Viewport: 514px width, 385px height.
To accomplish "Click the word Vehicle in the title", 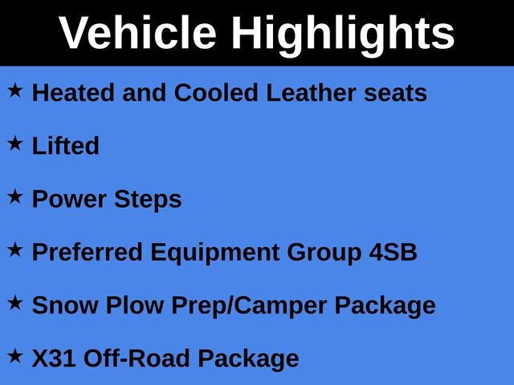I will (137, 34).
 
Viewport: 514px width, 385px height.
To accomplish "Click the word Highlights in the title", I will (343, 34).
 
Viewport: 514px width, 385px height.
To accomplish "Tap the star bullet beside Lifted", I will (15, 144).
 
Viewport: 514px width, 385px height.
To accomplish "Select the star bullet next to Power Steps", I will (15, 197).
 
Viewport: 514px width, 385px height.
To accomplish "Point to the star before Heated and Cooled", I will (15, 91).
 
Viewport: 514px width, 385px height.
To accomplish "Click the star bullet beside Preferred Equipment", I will (15, 250).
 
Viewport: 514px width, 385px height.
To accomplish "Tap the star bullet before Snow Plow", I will (15, 303).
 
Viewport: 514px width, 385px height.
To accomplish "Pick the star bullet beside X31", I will (15, 356).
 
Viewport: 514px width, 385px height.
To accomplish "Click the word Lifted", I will (66, 146).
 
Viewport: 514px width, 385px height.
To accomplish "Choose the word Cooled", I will (216, 93).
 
